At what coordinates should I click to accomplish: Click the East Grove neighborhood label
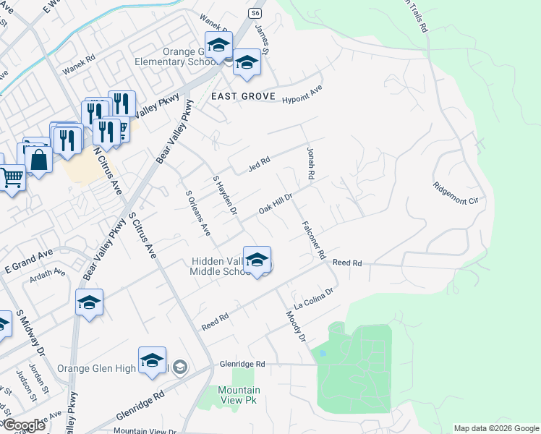[233, 96]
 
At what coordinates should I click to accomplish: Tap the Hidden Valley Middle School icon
[257, 261]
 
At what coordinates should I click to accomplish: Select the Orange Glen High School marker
[152, 362]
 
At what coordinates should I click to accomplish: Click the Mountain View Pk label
[239, 395]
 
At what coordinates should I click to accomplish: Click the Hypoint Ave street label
[302, 95]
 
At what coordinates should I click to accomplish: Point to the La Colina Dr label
[312, 297]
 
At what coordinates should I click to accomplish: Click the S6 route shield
[255, 13]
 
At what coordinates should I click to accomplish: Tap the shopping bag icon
[39, 159]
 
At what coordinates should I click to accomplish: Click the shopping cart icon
[12, 176]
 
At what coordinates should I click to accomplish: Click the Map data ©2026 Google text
[495, 428]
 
